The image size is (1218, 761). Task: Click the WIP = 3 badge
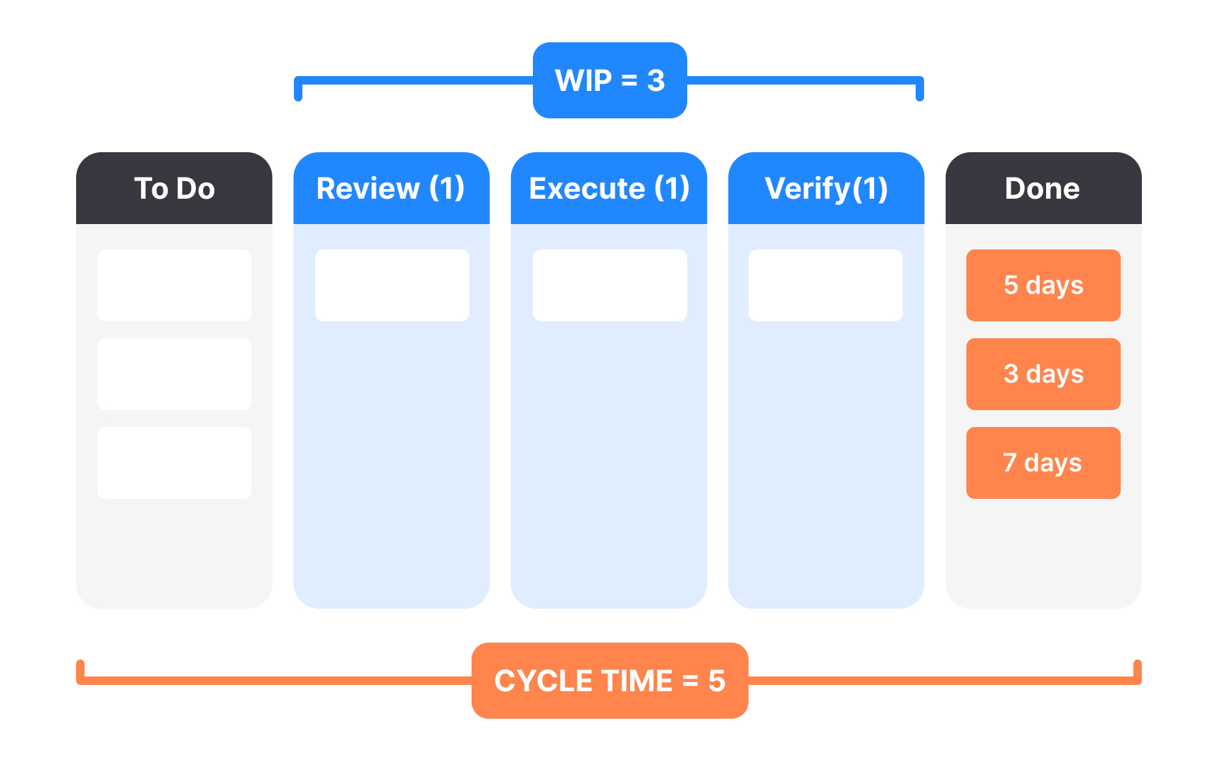(x=610, y=80)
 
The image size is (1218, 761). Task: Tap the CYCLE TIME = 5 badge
(x=610, y=681)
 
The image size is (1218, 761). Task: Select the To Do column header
(x=174, y=188)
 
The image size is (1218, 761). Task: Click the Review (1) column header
(x=391, y=188)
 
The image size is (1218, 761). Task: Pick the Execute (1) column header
(x=609, y=188)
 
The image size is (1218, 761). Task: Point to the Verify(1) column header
(x=826, y=188)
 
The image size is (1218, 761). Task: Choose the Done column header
(x=1043, y=188)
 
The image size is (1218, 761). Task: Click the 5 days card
(x=1043, y=285)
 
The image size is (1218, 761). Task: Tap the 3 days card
(x=1043, y=374)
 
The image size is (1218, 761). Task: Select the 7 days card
(x=1043, y=463)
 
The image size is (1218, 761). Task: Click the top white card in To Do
(x=174, y=285)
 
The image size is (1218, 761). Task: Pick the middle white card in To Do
(x=174, y=374)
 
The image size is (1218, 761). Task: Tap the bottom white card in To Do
(x=174, y=463)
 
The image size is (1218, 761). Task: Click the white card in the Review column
(x=392, y=285)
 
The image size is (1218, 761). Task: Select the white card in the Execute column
(x=610, y=285)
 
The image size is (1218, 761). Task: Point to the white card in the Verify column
(x=825, y=285)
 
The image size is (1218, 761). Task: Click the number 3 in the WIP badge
(x=656, y=81)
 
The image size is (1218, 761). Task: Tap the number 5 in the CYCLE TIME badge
(x=716, y=681)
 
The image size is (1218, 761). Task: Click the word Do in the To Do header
(x=196, y=189)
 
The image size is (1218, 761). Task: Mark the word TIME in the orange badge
(x=636, y=681)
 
